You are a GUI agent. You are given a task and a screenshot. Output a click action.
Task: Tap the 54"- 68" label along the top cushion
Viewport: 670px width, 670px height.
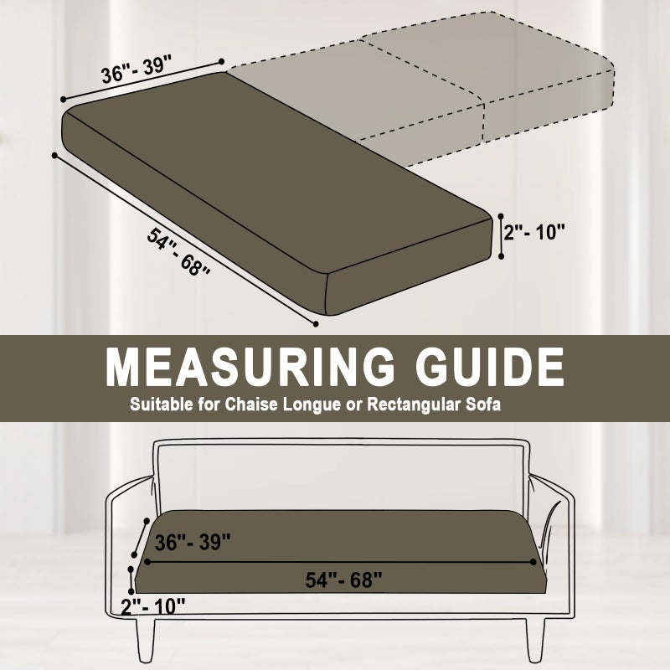coord(178,252)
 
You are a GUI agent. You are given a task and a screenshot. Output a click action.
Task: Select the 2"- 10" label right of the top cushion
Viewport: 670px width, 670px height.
coord(534,233)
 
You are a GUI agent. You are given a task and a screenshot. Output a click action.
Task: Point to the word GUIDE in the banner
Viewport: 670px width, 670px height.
coord(490,368)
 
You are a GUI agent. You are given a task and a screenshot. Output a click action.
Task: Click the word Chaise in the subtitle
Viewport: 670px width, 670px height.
coord(251,405)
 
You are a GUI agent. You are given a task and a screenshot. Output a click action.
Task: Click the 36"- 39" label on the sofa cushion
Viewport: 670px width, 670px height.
coord(193,542)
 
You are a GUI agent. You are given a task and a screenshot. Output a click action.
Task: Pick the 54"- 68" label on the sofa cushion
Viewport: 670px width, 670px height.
coord(343,580)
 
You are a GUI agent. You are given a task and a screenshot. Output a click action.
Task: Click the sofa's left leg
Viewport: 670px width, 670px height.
coord(145,639)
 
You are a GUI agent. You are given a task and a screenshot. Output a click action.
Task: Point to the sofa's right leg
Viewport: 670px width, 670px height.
coord(535,639)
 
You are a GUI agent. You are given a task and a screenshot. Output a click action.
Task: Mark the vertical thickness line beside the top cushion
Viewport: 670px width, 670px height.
coord(502,236)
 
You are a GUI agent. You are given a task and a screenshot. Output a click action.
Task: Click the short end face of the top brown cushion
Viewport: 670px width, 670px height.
coord(409,267)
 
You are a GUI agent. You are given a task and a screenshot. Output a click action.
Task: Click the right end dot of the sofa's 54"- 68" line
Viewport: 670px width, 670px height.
coord(533,561)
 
